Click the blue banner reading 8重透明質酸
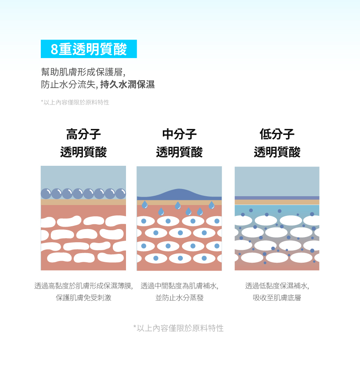[x=88, y=49]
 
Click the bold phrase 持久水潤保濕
[x=127, y=85]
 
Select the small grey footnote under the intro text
[x=75, y=103]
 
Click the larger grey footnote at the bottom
[x=178, y=328]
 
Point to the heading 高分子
[x=83, y=134]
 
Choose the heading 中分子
[x=179, y=134]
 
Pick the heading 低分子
[x=277, y=134]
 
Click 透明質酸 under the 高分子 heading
[x=83, y=152]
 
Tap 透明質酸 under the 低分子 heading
[x=277, y=152]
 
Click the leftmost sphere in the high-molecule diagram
[x=46, y=194]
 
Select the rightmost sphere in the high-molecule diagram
[x=121, y=194]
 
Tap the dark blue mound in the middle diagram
[x=180, y=193]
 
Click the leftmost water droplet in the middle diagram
[x=145, y=205]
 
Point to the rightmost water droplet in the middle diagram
[x=211, y=205]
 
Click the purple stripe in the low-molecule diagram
[x=277, y=198]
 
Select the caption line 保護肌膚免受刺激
[x=83, y=298]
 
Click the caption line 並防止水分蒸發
[x=179, y=298]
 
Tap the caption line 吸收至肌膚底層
[x=277, y=298]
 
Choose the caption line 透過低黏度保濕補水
[x=277, y=286]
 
